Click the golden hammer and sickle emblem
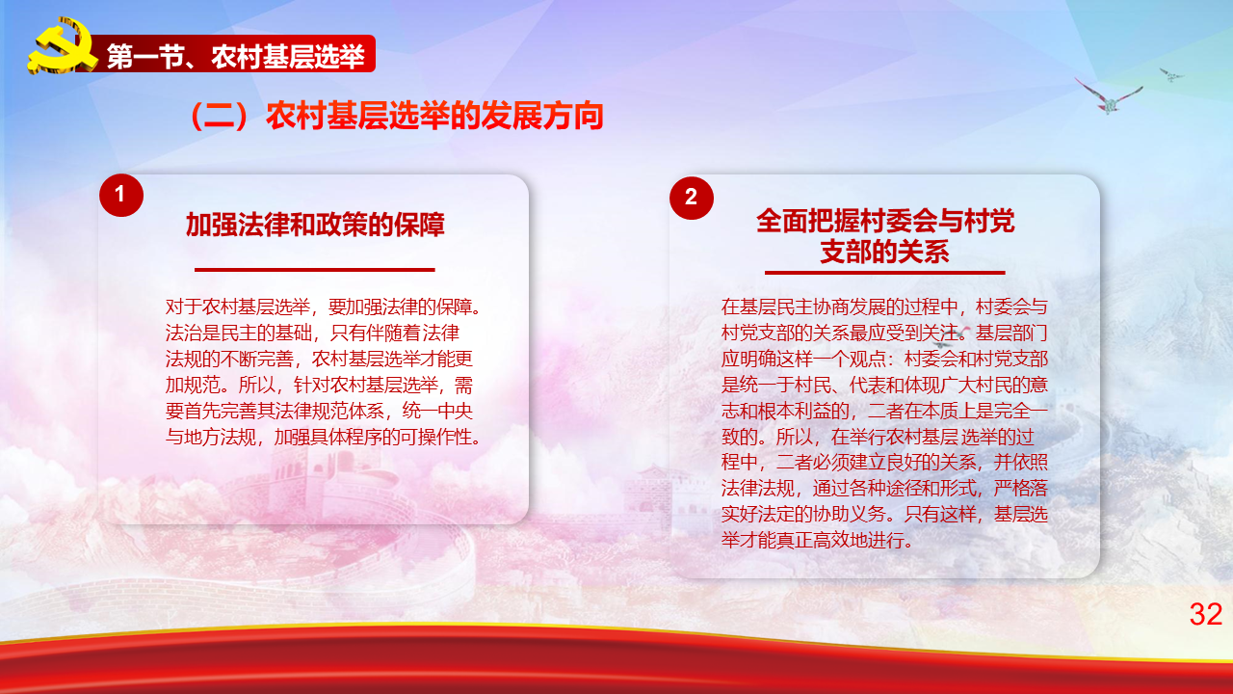pyautogui.click(x=62, y=46)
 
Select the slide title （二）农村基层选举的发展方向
pyautogui.click(x=396, y=116)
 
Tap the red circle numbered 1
pyautogui.click(x=121, y=195)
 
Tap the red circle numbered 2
pyautogui.click(x=692, y=198)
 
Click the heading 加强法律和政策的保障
pyautogui.click(x=315, y=225)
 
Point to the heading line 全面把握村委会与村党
pyautogui.click(x=885, y=222)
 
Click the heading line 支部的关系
pyautogui.click(x=885, y=253)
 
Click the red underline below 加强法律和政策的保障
pyautogui.click(x=315, y=270)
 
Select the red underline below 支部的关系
pyautogui.click(x=885, y=272)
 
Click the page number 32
pyautogui.click(x=1205, y=614)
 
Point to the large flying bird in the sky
pyautogui.click(x=1109, y=97)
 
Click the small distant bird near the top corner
pyautogui.click(x=1171, y=74)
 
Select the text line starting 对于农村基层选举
pyautogui.click(x=323, y=307)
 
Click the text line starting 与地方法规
pyautogui.click(x=323, y=438)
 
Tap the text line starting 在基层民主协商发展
pyautogui.click(x=884, y=307)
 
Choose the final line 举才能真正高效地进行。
pyautogui.click(x=818, y=541)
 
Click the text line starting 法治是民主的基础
pyautogui.click(x=313, y=333)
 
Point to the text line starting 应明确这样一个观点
pyautogui.click(x=884, y=360)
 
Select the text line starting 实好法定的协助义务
pyautogui.click(x=884, y=515)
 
